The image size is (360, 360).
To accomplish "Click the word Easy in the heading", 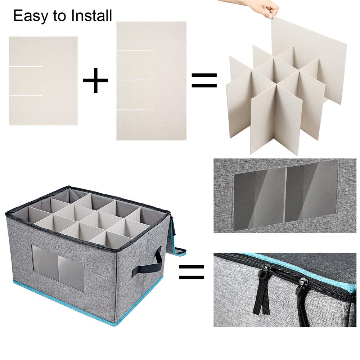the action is (31, 16).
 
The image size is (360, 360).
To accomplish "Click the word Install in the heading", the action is (91, 15).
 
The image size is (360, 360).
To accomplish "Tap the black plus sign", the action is (95, 80).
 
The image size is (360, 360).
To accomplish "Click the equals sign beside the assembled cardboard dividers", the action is (204, 80).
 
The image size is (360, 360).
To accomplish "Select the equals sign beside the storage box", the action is (192, 272).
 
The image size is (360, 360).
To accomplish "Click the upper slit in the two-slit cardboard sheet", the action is (26, 67).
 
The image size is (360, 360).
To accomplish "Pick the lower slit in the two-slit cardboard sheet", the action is (26, 96).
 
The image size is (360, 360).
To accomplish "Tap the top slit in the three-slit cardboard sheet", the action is (135, 50).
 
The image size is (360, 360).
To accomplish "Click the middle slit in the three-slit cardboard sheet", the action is (135, 80).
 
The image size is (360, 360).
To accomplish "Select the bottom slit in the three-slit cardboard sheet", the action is (135, 110).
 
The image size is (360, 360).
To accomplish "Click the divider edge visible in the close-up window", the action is (286, 195).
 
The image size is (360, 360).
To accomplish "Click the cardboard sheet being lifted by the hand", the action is (309, 60).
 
